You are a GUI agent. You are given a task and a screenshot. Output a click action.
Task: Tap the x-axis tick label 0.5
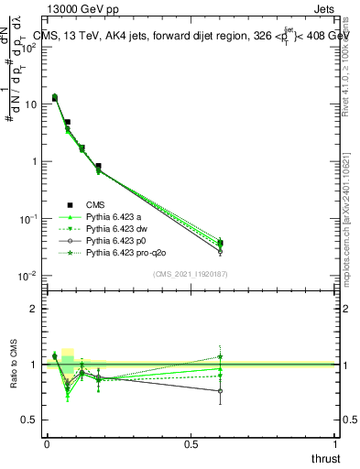191,444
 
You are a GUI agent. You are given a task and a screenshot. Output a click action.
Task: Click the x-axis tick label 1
335,444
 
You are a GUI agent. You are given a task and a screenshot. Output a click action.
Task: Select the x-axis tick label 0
47,444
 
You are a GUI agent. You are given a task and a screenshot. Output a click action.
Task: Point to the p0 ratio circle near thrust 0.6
220,391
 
